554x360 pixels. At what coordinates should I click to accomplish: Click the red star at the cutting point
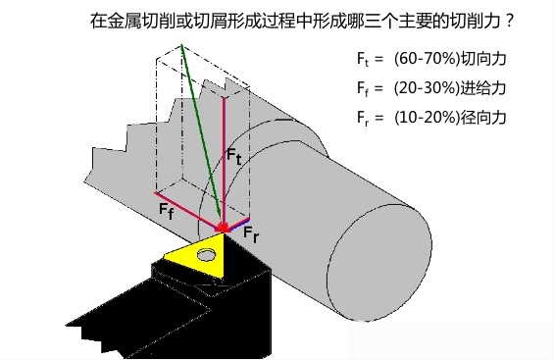225,230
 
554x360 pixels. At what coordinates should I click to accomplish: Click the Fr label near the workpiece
251,235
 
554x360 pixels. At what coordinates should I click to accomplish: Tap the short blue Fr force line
239,223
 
